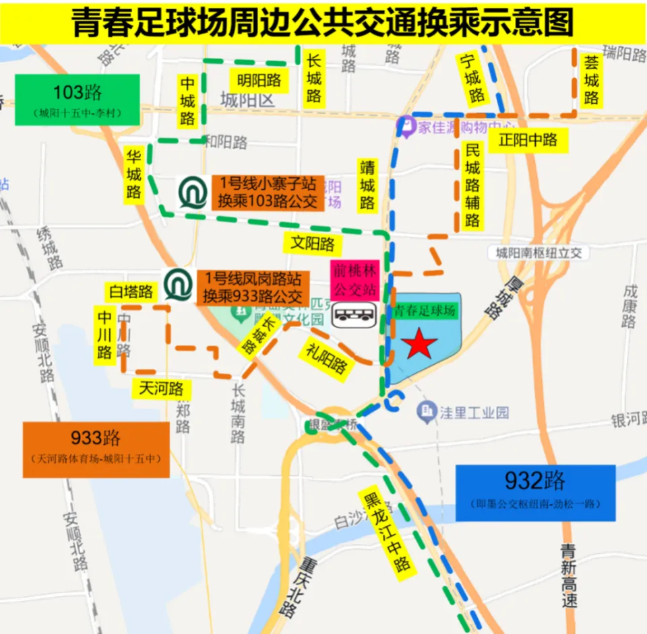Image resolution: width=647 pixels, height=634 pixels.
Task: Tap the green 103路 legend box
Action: tap(77, 100)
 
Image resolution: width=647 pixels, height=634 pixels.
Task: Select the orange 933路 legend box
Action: tap(96, 450)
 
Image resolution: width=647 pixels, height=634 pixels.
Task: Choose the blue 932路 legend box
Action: tap(535, 493)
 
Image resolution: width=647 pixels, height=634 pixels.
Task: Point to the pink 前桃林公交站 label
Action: tap(354, 281)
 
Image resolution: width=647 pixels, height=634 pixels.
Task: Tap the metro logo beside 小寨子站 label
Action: tap(193, 192)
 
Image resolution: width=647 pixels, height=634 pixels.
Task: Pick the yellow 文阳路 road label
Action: tap(312, 243)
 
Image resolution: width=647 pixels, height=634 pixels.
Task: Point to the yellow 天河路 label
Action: tap(161, 388)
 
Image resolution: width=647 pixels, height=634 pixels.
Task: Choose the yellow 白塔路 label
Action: tap(131, 291)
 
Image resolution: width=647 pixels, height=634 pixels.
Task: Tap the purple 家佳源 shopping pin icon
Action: tap(406, 126)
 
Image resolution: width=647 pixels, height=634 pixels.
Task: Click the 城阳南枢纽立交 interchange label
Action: tap(539, 253)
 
